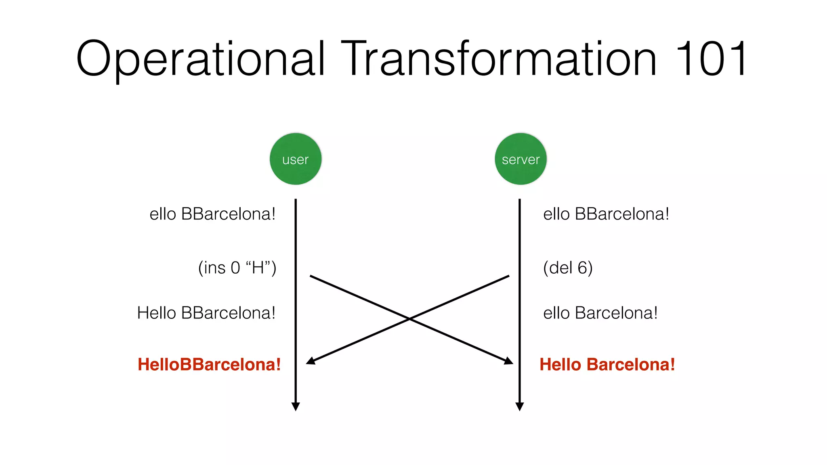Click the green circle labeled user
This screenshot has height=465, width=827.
[x=296, y=159]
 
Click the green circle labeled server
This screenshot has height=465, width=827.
[x=521, y=159]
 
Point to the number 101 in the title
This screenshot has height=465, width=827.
[x=711, y=59]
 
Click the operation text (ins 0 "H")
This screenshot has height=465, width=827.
[x=237, y=268]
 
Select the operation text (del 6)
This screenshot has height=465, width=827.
[x=568, y=268]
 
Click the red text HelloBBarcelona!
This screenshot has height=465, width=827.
[x=209, y=364]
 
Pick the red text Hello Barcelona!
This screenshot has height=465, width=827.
[x=607, y=364]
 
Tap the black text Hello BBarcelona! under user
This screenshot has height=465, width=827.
[x=206, y=313]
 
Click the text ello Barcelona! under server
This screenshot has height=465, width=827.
[x=600, y=313]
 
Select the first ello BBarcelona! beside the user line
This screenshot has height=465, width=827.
[x=212, y=214]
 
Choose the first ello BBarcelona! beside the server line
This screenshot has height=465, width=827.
[x=606, y=214]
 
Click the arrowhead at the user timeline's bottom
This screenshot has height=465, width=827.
[x=296, y=406]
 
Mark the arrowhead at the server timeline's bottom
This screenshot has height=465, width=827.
[x=520, y=406]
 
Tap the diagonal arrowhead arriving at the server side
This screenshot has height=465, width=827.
[x=509, y=360]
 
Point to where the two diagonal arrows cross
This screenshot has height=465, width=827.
[x=409, y=319]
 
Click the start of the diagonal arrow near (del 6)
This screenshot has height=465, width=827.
[x=508, y=276]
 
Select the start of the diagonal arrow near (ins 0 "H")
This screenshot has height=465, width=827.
[x=311, y=276]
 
